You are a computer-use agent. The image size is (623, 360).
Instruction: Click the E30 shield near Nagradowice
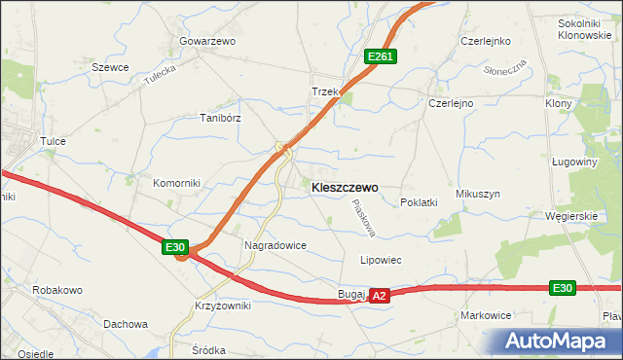pyautogui.click(x=175, y=248)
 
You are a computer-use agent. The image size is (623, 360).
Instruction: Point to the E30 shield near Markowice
pyautogui.click(x=562, y=288)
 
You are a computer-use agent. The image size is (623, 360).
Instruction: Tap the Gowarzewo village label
pyautogui.click(x=207, y=42)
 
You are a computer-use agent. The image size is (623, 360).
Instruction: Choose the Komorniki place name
pyautogui.click(x=175, y=182)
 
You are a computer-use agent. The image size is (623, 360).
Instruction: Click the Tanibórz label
pyautogui.click(x=220, y=117)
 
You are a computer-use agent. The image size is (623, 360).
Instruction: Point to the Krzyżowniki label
pyautogui.click(x=222, y=306)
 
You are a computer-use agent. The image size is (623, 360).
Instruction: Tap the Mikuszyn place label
pyautogui.click(x=477, y=195)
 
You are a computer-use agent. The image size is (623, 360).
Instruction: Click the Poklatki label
pyautogui.click(x=419, y=202)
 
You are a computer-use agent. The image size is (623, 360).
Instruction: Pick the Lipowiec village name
pyautogui.click(x=381, y=261)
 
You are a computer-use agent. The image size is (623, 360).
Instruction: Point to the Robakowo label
pyautogui.click(x=56, y=290)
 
